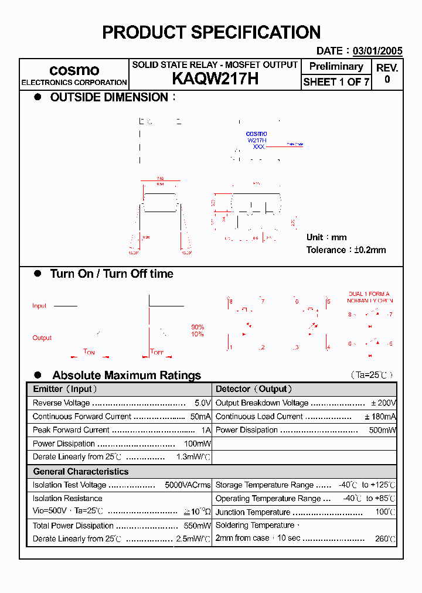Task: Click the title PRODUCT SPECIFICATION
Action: point(211,32)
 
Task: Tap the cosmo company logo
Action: point(74,70)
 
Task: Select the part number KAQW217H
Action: point(215,79)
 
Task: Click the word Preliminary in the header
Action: point(336,67)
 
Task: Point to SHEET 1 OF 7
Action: point(336,82)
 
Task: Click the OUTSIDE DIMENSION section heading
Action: point(109,98)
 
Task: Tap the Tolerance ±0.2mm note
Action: point(346,250)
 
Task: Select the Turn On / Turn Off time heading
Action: point(111,274)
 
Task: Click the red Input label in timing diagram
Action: point(39,306)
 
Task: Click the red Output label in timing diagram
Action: point(42,338)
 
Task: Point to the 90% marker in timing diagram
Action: point(198,327)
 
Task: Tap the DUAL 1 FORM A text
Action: point(369,294)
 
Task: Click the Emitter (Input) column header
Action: point(65,389)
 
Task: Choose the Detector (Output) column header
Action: point(254,389)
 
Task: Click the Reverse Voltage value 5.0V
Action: point(202,403)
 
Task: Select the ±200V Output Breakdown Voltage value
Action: point(383,403)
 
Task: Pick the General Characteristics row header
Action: point(80,472)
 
